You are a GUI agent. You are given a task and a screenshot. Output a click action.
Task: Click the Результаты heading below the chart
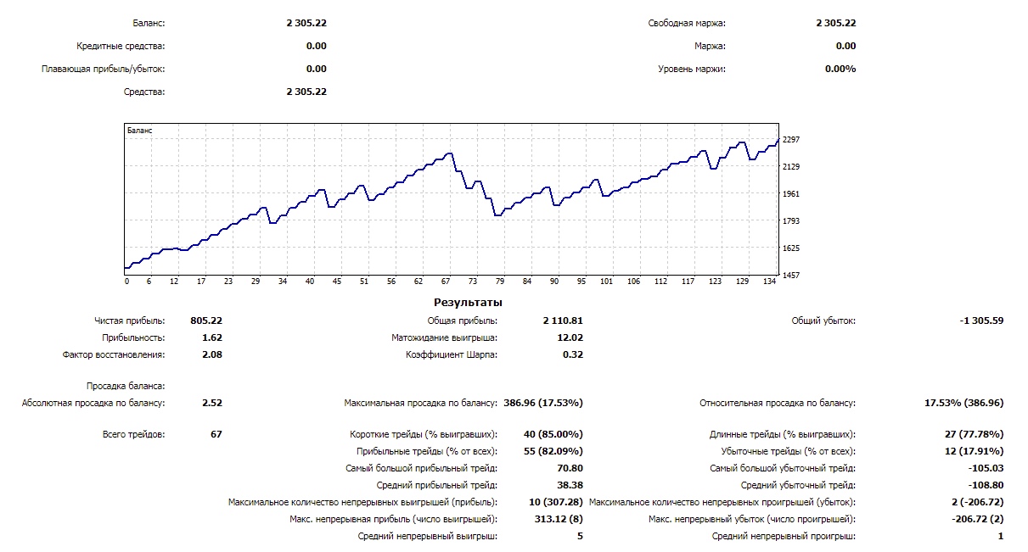point(468,302)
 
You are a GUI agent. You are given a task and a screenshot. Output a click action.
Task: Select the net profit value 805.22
point(207,321)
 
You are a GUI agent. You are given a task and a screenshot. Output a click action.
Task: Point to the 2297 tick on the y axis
point(791,139)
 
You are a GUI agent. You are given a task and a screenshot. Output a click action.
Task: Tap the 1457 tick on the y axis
point(791,275)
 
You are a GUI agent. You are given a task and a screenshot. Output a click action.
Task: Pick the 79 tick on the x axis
point(500,282)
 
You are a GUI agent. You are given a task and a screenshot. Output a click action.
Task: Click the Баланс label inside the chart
point(139,131)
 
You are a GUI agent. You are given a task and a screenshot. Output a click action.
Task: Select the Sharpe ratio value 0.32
point(573,354)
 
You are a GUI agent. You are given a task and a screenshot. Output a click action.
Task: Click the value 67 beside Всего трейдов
point(216,434)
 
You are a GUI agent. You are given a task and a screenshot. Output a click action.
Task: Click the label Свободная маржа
point(687,23)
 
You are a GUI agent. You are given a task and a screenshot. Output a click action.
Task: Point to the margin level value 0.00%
point(840,69)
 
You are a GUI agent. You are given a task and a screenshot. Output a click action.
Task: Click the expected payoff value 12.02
point(569,337)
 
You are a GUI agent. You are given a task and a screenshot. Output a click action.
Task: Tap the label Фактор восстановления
point(114,354)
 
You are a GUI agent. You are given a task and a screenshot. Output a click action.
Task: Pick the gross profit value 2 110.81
point(563,321)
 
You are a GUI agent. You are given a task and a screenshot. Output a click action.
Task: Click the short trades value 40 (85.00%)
point(553,434)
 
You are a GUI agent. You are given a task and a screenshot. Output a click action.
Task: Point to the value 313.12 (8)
point(555,519)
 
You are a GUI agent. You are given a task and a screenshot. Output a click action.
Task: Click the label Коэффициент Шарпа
point(452,354)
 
